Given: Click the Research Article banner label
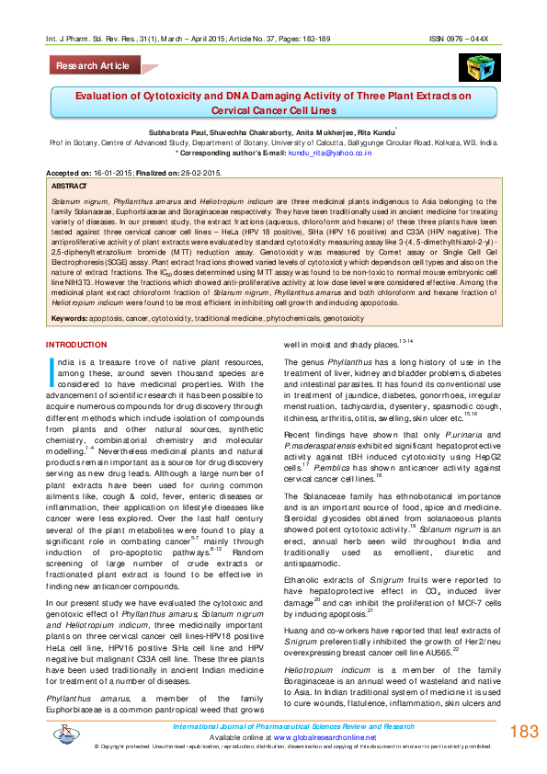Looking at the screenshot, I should tap(93, 66).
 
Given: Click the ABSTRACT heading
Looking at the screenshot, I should tap(72, 185).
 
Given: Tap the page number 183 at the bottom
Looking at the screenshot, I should tap(523, 733).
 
